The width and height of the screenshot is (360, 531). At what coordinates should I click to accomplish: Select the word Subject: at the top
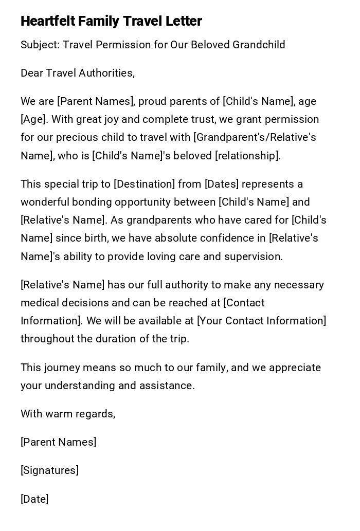pos(40,45)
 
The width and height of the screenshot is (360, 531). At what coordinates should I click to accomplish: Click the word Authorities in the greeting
pos(106,73)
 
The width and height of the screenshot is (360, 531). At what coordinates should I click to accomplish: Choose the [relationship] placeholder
pos(247,156)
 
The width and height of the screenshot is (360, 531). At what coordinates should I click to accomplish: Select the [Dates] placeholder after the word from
pos(221,184)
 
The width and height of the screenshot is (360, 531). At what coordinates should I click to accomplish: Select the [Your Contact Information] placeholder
pos(262,321)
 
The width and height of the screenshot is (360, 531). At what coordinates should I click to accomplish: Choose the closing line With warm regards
pos(68,414)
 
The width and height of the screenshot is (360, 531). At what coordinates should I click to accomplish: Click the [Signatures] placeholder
pos(49,470)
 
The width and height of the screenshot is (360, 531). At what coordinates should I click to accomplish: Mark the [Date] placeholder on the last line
pos(34,499)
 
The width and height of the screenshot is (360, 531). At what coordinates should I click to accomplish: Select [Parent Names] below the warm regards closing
pos(58,442)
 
